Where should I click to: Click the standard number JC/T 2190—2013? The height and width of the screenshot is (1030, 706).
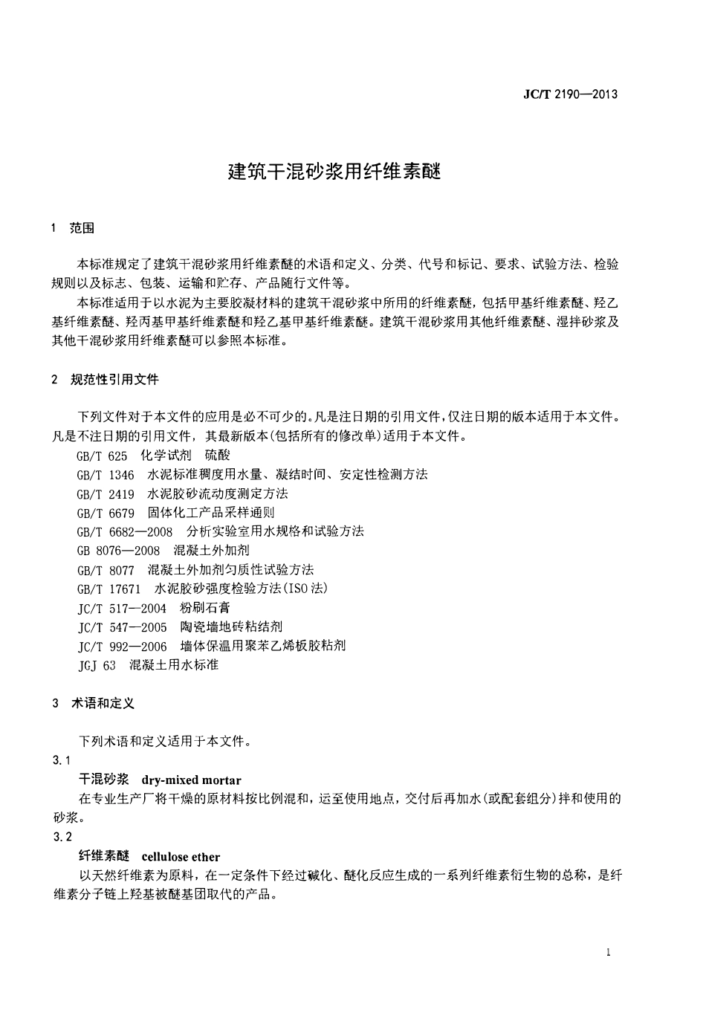(570, 94)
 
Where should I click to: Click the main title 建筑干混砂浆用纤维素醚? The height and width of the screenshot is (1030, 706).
(334, 172)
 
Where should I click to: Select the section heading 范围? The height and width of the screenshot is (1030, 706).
(82, 228)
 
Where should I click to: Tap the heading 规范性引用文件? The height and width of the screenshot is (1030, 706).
(114, 379)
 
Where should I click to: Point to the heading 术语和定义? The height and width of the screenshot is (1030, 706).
(103, 702)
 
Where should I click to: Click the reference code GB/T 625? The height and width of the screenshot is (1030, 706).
(102, 456)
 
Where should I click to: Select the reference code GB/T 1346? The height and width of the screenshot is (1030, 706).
(106, 475)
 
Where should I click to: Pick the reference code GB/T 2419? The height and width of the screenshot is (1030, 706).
(106, 494)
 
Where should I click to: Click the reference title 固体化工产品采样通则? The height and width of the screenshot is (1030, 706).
(211, 513)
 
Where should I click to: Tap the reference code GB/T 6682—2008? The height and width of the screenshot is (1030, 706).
(125, 532)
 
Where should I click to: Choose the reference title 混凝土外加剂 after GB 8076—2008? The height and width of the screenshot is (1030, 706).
(211, 551)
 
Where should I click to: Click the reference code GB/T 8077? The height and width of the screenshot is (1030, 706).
(106, 570)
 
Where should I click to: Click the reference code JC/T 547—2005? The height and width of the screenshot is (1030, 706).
(122, 627)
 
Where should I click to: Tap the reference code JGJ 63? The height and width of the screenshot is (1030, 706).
(97, 665)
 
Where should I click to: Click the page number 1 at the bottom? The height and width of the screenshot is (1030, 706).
(609, 953)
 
